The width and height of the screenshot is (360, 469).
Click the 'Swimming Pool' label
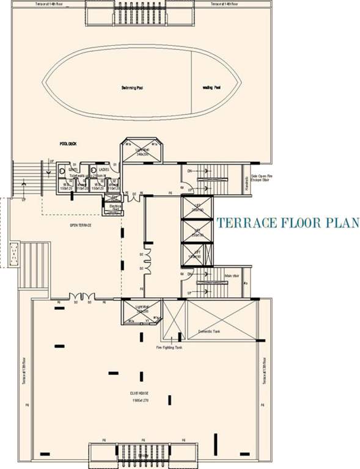(x=131, y=88)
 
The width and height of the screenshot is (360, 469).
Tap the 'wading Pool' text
(x=211, y=88)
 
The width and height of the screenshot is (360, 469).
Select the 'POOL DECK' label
(x=67, y=144)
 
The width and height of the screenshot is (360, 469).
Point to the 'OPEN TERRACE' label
(x=81, y=225)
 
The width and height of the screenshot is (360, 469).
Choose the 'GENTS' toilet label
(x=72, y=169)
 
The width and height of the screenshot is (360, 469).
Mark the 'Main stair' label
(x=232, y=275)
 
